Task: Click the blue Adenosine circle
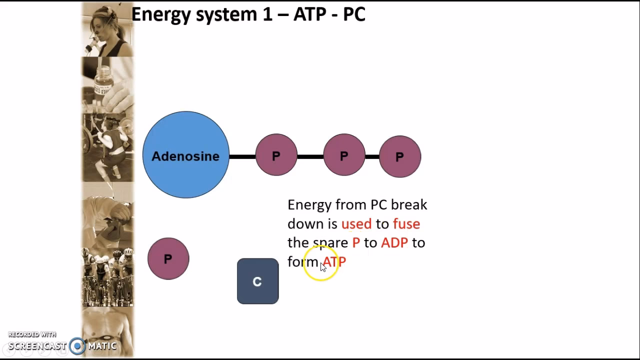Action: [x=185, y=155]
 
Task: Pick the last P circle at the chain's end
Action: [x=399, y=156]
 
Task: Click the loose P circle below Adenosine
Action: [x=168, y=258]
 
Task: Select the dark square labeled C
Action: [x=257, y=281]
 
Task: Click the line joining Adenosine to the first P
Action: [x=242, y=157]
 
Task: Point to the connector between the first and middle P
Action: [x=310, y=157]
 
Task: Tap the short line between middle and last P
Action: [x=372, y=157]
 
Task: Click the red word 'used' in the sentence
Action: [x=356, y=224]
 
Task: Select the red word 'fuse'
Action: [x=406, y=224]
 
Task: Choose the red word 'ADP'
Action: [x=394, y=243]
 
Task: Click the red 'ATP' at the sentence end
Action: [x=334, y=261]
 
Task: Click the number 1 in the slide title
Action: [x=267, y=14]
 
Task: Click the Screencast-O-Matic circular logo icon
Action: [x=77, y=346]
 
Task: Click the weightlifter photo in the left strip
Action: [x=107, y=147]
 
